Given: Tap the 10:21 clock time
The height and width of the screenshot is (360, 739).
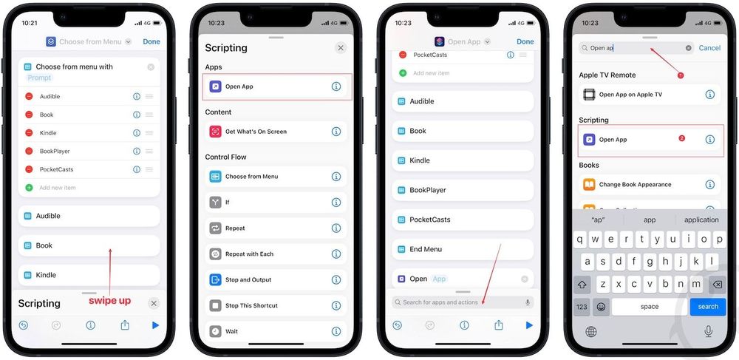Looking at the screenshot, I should (30, 23).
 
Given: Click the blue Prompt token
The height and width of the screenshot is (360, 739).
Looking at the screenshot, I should (40, 78).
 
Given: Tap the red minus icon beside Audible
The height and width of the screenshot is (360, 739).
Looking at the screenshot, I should (29, 96).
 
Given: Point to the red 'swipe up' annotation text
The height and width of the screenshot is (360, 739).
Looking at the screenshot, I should (109, 301).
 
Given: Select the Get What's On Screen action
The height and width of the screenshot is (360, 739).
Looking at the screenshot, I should (256, 132).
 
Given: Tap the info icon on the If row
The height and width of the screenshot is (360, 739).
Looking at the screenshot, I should (336, 202).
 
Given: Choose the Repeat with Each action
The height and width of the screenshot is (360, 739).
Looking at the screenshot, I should (249, 254).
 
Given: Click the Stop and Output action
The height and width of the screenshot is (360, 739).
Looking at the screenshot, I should (248, 280).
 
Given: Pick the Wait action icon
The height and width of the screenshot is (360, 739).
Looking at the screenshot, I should (215, 331).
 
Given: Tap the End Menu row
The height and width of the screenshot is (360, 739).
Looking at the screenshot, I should (426, 249).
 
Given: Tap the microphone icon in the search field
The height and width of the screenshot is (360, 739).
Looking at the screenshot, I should (528, 302).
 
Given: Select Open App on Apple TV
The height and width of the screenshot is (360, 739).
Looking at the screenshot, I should (630, 95).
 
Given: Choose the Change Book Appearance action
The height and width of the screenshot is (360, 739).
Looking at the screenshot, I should (635, 185).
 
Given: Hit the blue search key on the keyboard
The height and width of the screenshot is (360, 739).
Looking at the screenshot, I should (707, 307).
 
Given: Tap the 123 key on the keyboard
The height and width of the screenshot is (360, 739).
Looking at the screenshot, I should (582, 307).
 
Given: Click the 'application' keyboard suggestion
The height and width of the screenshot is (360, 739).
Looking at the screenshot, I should (701, 220).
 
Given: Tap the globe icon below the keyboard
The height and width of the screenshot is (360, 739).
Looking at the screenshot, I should (591, 332).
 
